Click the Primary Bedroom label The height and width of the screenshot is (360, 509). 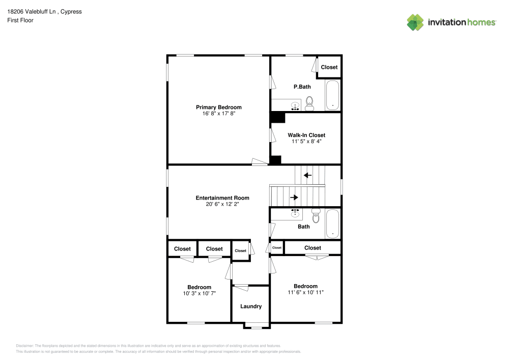coord(218,107)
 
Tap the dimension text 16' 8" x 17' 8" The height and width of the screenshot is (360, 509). coord(218,114)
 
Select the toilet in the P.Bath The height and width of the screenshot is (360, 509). coord(309,105)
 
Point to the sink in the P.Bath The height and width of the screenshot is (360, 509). coord(295,106)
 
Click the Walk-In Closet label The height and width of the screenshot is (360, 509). coord(306,135)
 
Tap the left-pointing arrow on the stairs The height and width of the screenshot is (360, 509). coord(307,176)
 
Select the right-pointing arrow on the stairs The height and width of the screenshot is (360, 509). coord(294,197)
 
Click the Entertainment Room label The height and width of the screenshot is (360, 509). coord(222,198)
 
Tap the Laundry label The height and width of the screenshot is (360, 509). coord(251,306)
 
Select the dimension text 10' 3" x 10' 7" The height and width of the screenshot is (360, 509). coord(199,293)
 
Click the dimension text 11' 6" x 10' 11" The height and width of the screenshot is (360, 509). coord(305,292)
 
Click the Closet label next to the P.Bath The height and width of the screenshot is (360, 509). coord(329,67)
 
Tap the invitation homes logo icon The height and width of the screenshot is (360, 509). coord(415,22)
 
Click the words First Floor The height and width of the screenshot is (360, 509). coord(20,20)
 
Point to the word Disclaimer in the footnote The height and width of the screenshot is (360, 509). coord(25,345)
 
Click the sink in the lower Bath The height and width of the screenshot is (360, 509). coord(295,211)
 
